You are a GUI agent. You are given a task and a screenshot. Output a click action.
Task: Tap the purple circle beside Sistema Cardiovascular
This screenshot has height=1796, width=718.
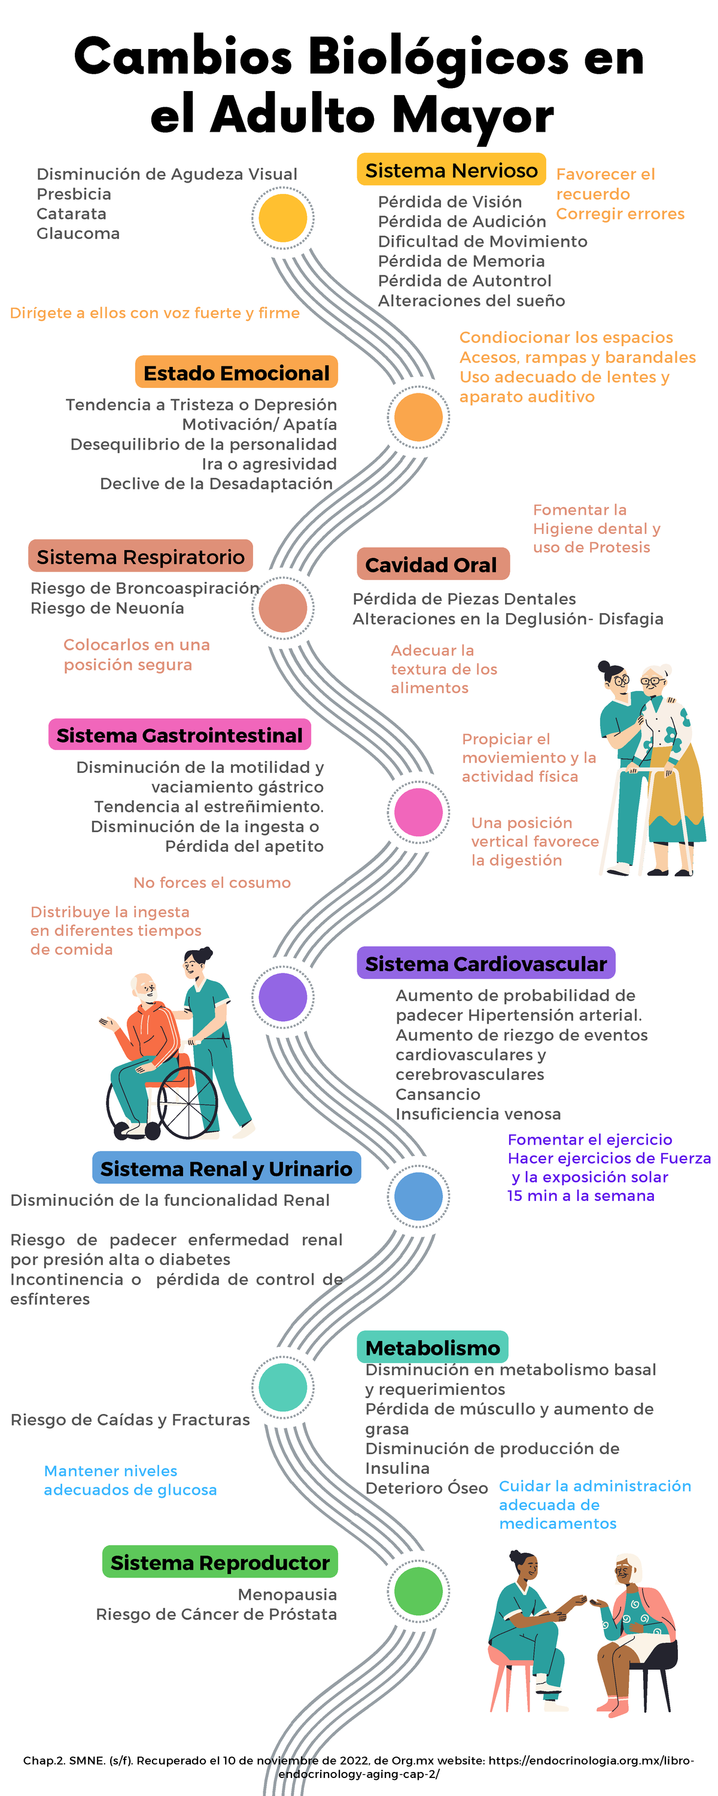[283, 997]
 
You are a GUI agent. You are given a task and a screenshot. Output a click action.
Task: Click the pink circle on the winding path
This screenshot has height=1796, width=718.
[418, 812]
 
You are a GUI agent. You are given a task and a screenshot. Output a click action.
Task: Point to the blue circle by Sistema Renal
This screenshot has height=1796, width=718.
[418, 1196]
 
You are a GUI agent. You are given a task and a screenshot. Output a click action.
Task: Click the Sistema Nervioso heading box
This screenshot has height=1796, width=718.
[451, 170]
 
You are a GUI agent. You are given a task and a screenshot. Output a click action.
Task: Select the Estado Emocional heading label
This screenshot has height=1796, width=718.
[236, 373]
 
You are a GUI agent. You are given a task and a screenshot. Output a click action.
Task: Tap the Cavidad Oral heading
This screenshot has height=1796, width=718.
[432, 565]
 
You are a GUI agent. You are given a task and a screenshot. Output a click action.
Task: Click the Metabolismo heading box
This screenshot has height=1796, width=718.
[432, 1348]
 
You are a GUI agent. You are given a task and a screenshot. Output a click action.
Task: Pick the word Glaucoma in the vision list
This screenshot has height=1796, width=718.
[78, 233]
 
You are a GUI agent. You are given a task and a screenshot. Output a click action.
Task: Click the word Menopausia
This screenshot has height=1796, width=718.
[287, 1594]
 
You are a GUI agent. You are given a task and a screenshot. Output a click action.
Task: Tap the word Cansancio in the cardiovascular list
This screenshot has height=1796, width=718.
[438, 1094]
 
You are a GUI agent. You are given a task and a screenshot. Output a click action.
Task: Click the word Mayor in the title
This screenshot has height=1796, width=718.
[473, 115]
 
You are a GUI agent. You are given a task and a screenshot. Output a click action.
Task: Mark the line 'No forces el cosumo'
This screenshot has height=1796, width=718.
[212, 882]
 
